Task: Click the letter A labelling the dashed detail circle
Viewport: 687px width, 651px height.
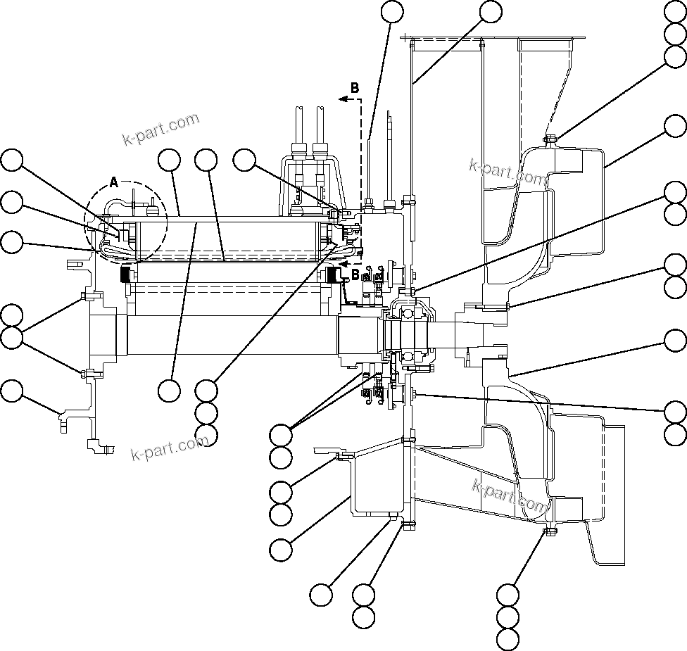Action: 114,183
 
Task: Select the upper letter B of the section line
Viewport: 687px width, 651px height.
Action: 355,88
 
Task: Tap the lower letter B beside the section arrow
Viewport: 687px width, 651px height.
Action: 355,273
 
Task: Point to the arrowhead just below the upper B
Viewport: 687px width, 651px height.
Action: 343,100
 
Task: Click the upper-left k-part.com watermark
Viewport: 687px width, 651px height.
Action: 160,129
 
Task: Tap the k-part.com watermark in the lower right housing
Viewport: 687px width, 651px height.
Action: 510,495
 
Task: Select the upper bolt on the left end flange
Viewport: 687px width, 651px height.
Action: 84,296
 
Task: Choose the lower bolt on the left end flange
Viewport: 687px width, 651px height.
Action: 84,374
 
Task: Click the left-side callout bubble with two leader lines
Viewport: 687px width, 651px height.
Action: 11,338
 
